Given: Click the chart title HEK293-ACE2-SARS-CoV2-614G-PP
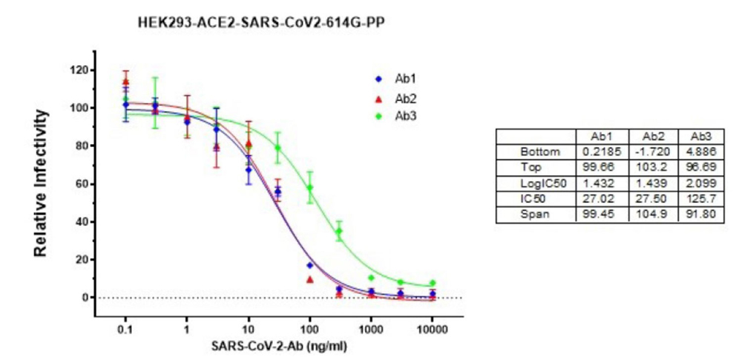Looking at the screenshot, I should click(x=261, y=24).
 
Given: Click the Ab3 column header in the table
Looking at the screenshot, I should click(x=700, y=136).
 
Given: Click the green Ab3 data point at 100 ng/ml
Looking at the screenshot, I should click(x=309, y=188).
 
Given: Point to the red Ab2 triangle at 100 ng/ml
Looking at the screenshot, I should click(x=309, y=279).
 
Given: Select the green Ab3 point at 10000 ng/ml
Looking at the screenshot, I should click(x=432, y=284).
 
